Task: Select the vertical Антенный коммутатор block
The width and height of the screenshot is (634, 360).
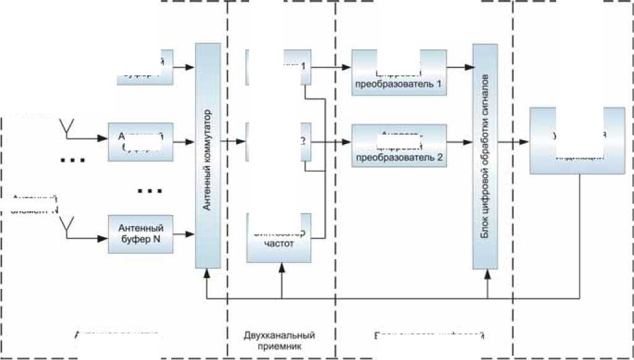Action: (x=208, y=155)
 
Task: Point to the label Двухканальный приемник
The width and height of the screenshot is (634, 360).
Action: (x=281, y=341)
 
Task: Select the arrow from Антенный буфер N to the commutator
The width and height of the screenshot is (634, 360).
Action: (x=184, y=234)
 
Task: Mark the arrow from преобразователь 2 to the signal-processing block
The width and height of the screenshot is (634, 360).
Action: (x=459, y=141)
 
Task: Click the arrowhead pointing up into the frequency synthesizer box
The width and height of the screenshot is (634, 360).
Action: (x=282, y=267)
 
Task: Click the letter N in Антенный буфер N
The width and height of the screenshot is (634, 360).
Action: (x=154, y=240)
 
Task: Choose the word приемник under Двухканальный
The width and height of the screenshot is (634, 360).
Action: (x=281, y=347)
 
